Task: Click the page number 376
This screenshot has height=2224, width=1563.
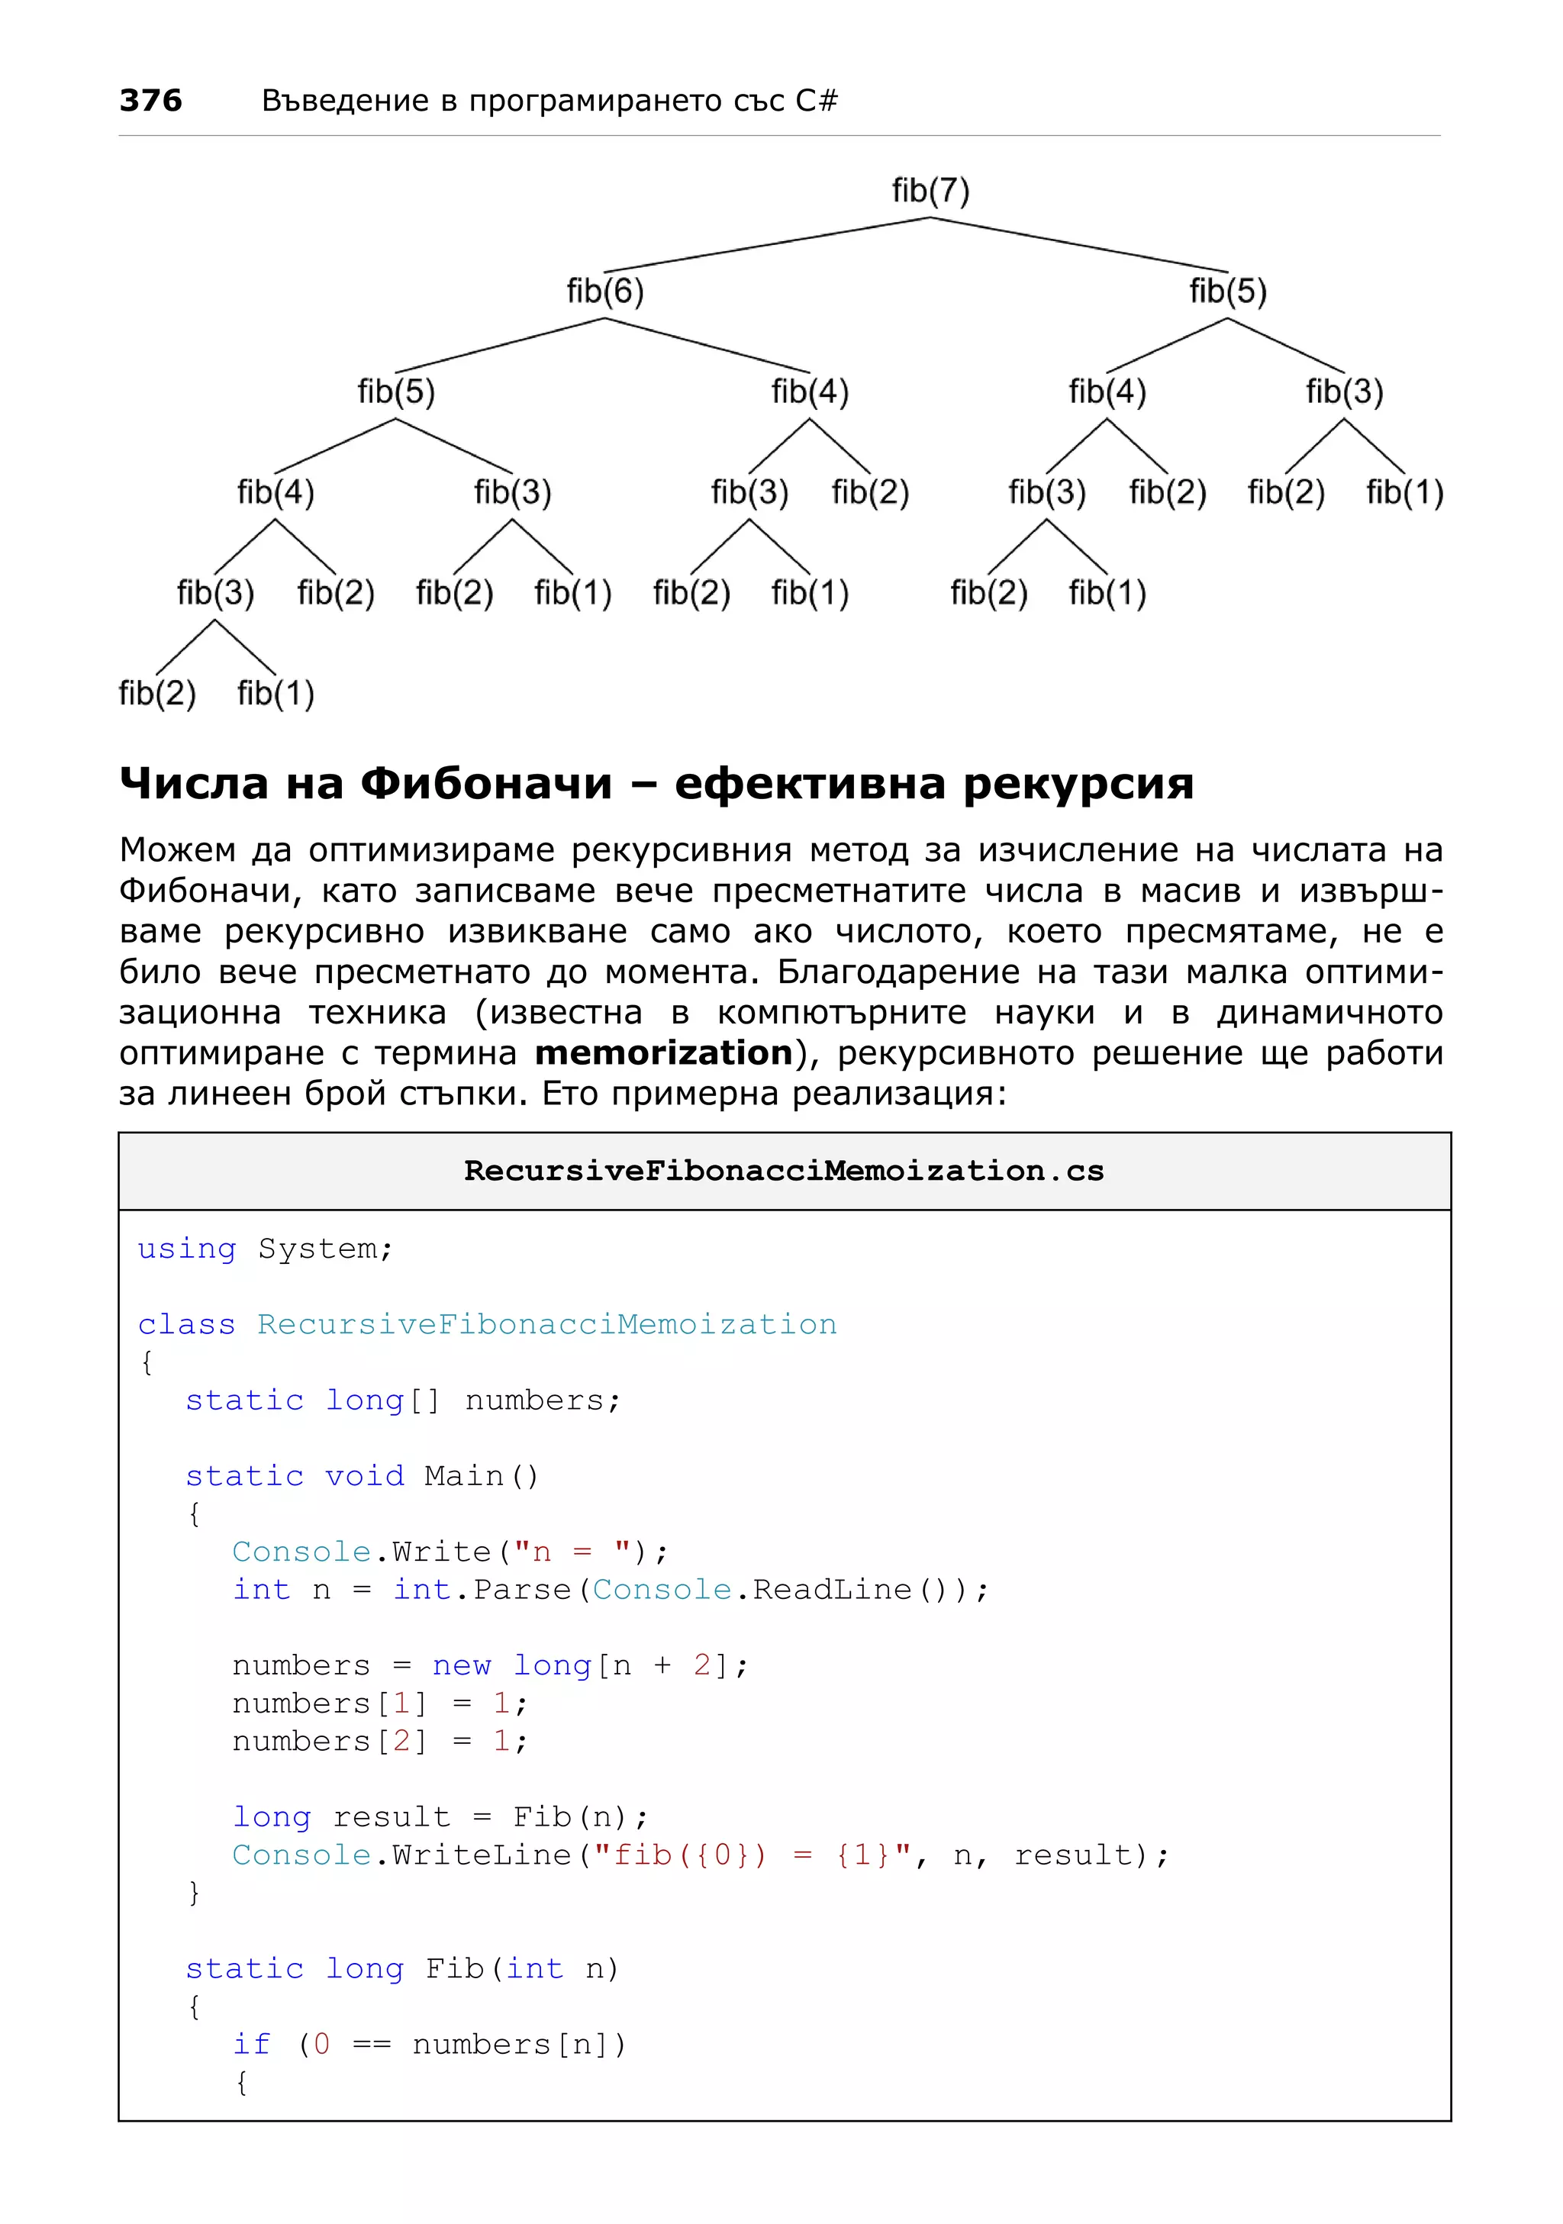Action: (150, 100)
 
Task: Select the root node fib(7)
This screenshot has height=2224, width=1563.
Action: (930, 191)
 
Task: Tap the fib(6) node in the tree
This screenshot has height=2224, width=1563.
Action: (605, 291)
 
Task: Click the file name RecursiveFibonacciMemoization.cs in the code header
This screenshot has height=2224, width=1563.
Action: (784, 1170)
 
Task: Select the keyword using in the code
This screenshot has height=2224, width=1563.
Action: (186, 1249)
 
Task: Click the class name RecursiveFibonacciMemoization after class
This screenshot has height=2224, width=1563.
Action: (546, 1324)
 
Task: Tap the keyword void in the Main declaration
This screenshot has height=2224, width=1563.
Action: (364, 1475)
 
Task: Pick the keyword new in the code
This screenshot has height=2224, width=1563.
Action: (461, 1665)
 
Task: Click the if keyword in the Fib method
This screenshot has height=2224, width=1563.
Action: (251, 2044)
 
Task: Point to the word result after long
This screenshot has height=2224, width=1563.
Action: (392, 1816)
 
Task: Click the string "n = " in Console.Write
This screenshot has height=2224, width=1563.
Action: (572, 1552)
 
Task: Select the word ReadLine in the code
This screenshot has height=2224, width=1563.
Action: (833, 1590)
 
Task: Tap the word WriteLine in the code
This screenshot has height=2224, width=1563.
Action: (482, 1854)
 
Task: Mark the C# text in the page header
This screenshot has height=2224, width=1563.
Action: (817, 100)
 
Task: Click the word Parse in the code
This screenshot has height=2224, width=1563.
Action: (522, 1590)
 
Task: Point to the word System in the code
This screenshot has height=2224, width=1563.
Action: (317, 1249)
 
